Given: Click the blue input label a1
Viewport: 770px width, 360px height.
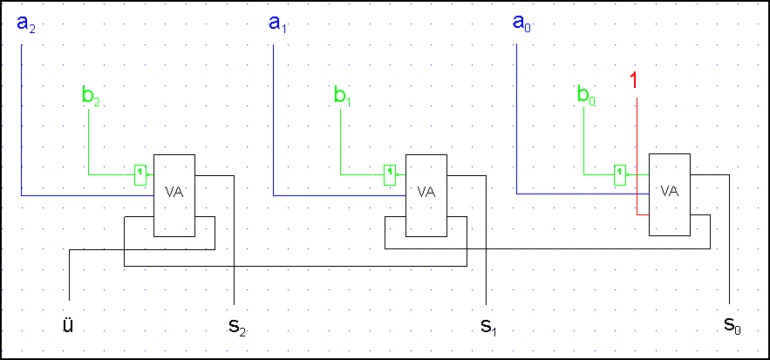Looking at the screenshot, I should click(x=278, y=24).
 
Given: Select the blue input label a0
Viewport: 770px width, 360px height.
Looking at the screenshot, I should click(x=521, y=24).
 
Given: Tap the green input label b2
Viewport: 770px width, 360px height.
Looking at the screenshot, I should click(x=92, y=95).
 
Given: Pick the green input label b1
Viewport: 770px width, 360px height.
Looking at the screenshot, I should click(x=343, y=95).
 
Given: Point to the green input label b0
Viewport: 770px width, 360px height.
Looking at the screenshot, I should click(x=586, y=95).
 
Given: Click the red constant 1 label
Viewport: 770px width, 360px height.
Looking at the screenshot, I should click(x=635, y=81).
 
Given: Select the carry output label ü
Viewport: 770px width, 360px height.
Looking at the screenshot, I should click(x=68, y=325).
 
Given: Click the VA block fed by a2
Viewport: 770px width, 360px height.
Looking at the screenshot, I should click(x=174, y=195).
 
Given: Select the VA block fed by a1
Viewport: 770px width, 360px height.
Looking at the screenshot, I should click(x=426, y=195).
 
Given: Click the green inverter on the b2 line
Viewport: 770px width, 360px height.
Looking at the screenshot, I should click(x=140, y=174).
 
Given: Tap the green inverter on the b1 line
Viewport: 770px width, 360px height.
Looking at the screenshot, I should click(x=391, y=174).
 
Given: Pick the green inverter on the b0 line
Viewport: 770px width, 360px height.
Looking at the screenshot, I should click(x=620, y=174).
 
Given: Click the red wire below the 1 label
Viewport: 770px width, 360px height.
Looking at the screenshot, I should click(x=637, y=157).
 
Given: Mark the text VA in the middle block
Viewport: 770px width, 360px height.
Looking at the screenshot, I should click(x=426, y=191).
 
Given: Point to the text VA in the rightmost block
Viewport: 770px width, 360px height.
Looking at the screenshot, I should click(x=670, y=191).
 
